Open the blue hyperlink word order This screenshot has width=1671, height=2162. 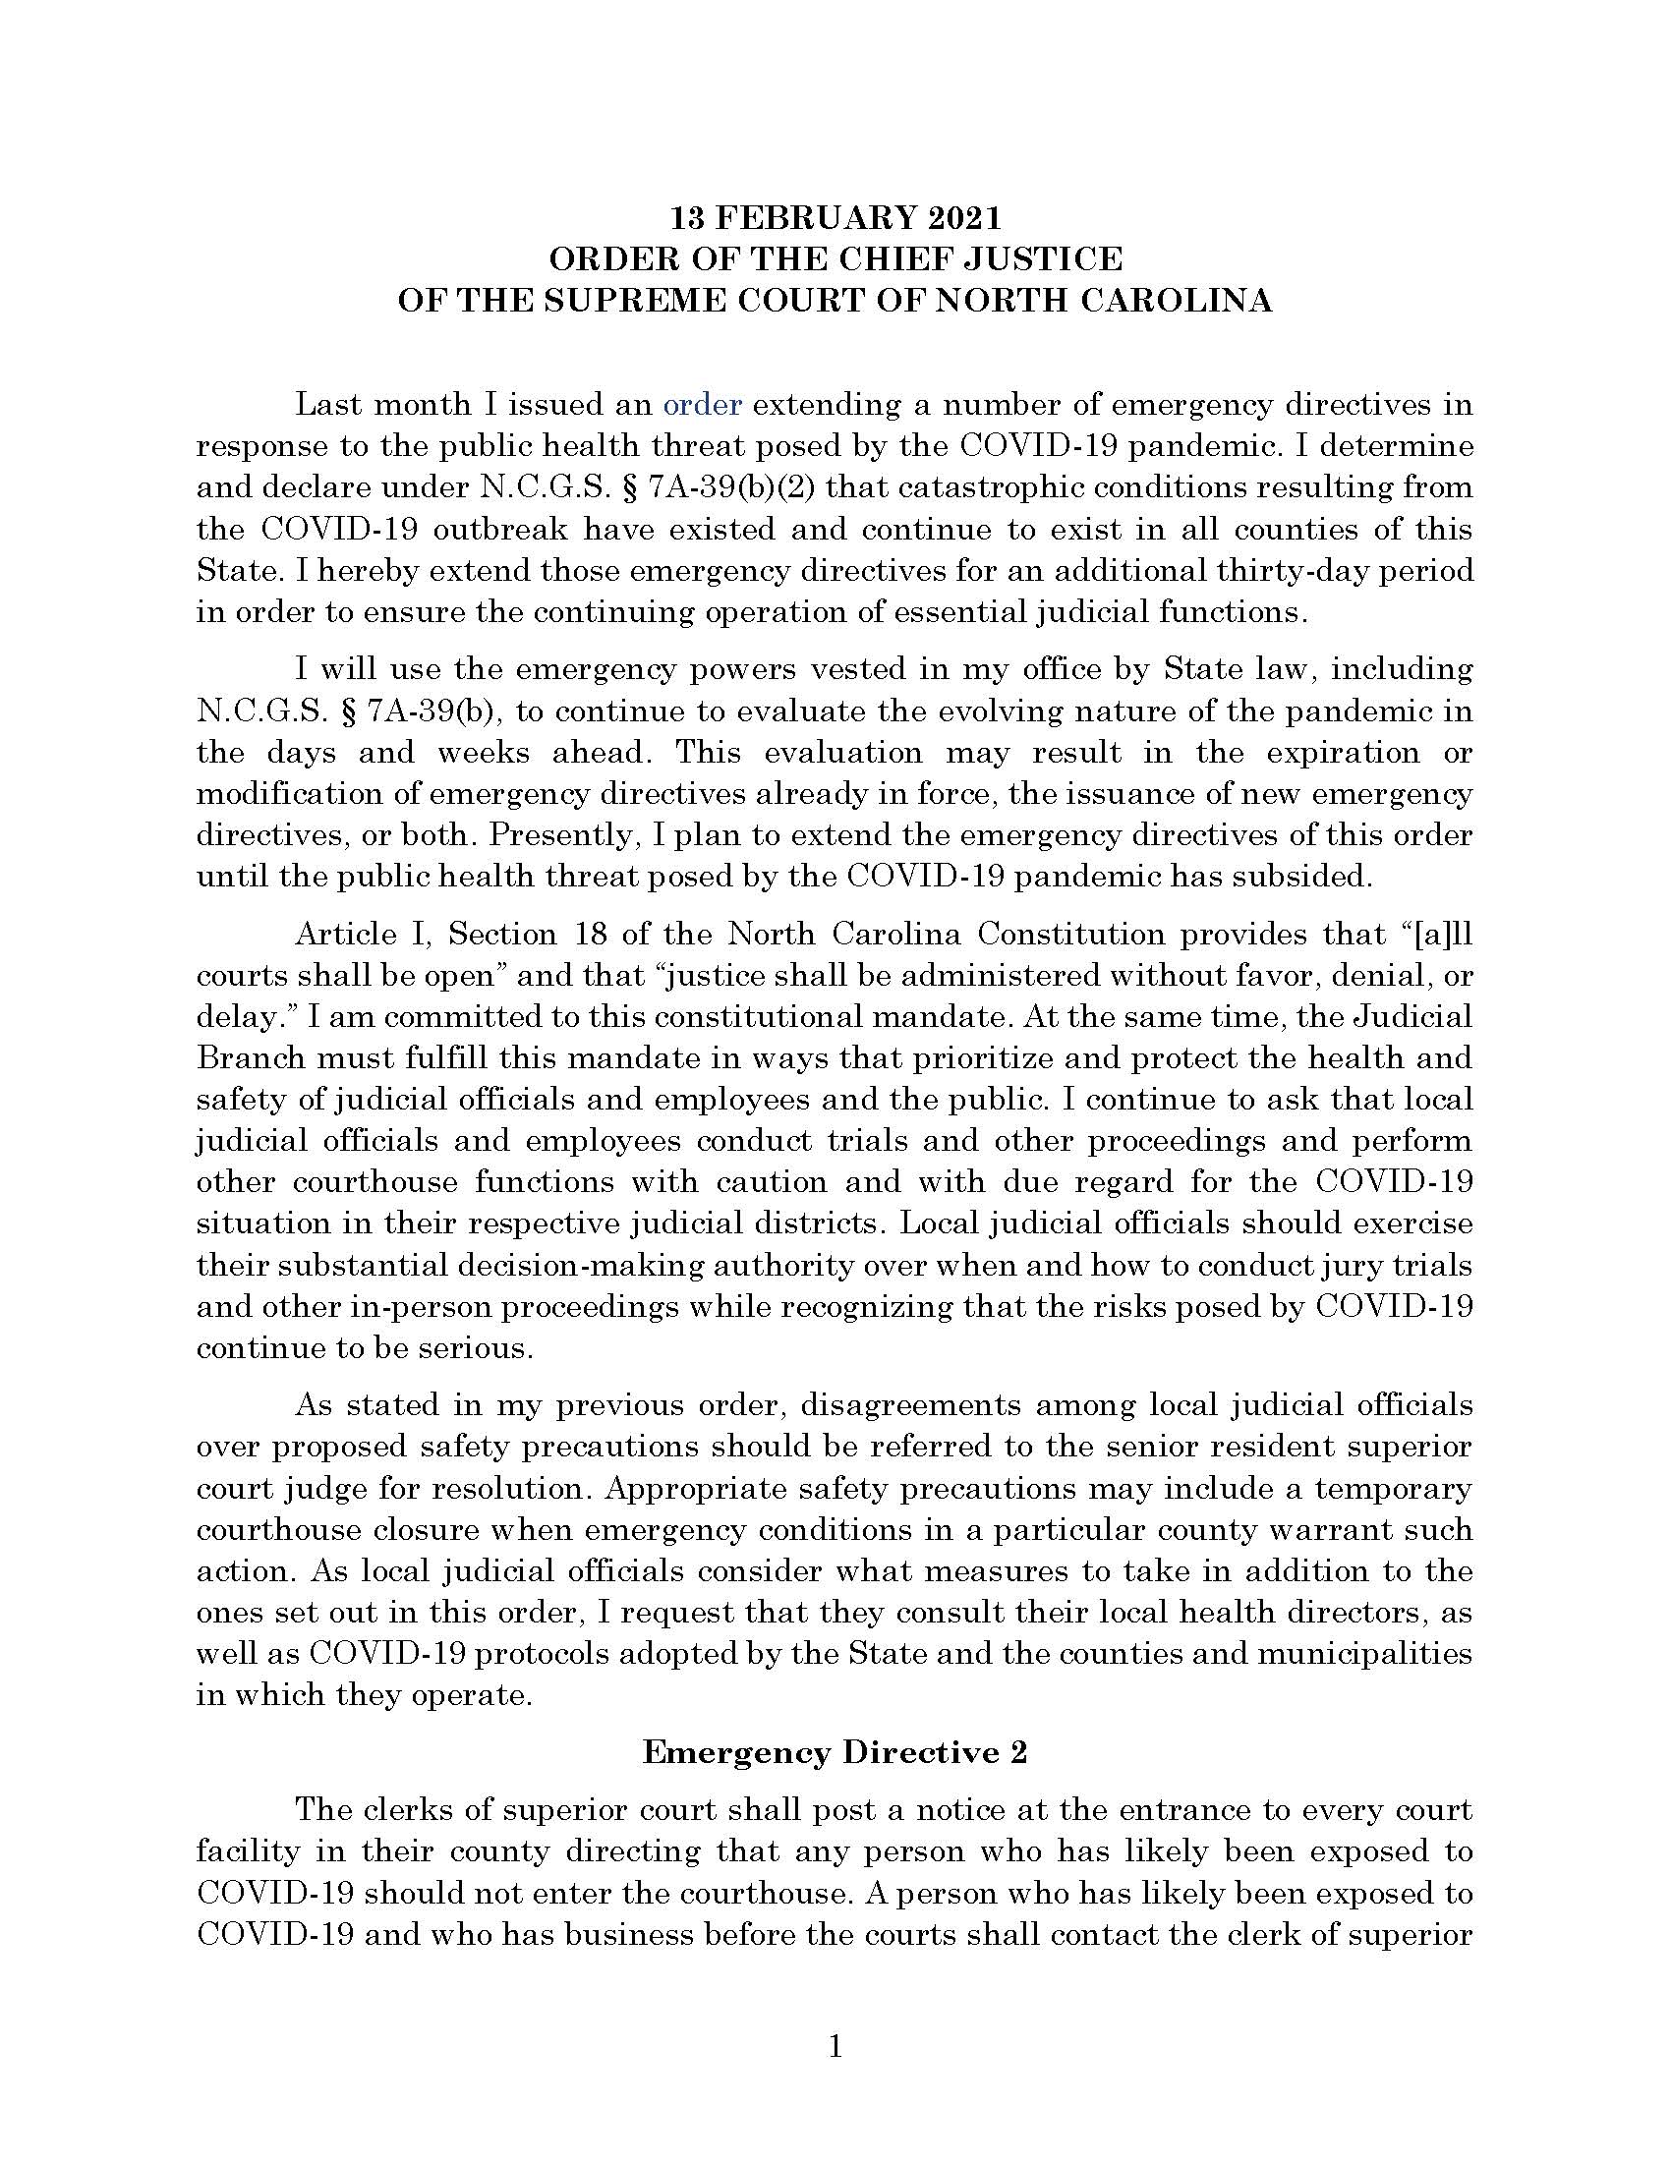click(702, 405)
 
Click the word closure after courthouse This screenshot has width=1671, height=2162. click(430, 1530)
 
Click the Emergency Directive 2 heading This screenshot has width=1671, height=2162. click(835, 1752)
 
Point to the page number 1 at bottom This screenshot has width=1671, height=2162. click(835, 2046)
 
